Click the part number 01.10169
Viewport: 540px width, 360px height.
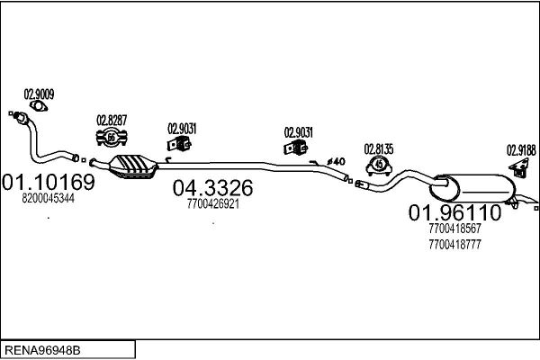tap(49, 182)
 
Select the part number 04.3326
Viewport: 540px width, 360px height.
tap(212, 188)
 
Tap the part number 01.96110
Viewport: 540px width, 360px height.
tap(454, 212)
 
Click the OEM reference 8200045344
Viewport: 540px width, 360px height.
tap(49, 198)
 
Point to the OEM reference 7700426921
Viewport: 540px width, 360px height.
tap(213, 204)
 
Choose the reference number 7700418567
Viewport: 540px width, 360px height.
tap(454, 228)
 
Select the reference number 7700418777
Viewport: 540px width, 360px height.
tap(454, 245)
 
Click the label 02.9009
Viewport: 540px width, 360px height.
tap(39, 94)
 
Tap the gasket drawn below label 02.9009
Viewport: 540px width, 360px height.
tap(38, 106)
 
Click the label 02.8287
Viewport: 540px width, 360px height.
tap(112, 121)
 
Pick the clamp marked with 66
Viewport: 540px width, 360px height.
tap(112, 138)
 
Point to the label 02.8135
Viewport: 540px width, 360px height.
tap(379, 149)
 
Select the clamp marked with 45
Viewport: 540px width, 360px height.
tap(379, 165)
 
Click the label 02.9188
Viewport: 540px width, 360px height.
tap(521, 150)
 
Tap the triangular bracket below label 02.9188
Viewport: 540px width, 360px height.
tap(519, 167)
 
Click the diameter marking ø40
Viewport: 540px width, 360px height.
tap(336, 161)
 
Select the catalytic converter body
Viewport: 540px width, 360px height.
tap(133, 166)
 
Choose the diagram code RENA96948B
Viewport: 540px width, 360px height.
tap(42, 350)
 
